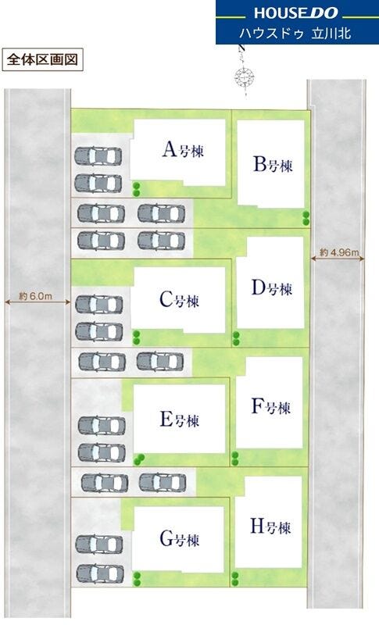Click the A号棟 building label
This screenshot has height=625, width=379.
coord(184,149)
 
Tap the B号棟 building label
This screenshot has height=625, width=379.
coord(273,164)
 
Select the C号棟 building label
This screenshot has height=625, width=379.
coord(179,299)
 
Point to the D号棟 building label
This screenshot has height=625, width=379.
coord(272,287)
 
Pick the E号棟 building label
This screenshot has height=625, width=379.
coord(179,420)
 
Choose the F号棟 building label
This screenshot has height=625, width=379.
coord(271,406)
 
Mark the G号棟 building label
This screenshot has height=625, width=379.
coord(179,539)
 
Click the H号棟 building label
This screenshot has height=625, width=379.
coord(270,527)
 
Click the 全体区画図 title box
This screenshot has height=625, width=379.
coord(43,60)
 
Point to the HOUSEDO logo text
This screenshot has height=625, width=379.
coord(295,12)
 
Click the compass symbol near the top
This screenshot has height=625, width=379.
coord(245,75)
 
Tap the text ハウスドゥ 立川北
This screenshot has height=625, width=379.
coord(295,33)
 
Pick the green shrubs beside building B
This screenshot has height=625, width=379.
coord(306,218)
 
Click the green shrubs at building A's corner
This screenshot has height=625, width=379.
coord(136,189)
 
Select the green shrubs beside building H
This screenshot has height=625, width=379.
coord(235,579)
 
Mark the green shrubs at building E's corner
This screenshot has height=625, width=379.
coord(138,459)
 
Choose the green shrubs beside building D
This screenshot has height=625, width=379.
coord(236,338)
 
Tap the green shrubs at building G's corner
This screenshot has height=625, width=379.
coord(137,579)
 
